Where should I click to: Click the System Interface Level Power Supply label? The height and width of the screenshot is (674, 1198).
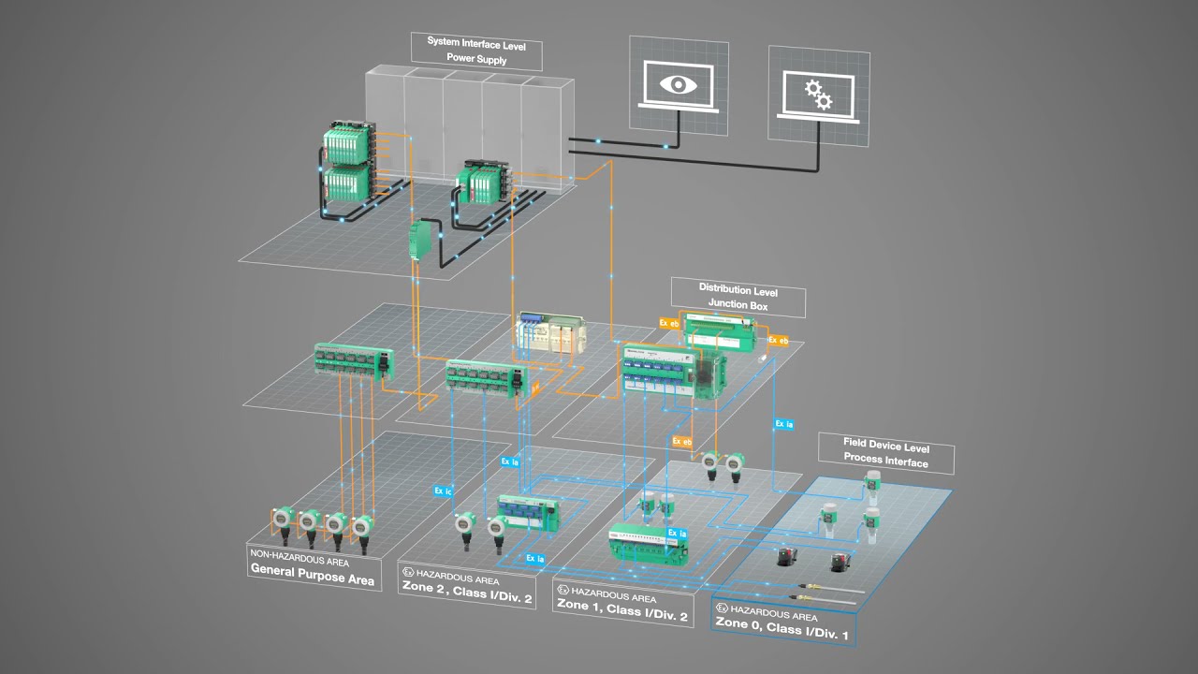coord(476,51)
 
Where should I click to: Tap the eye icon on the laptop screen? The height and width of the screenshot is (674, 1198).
coord(673,83)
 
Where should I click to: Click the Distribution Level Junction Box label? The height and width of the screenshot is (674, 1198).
coord(738,297)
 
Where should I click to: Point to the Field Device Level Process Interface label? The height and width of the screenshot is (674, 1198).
coord(885,453)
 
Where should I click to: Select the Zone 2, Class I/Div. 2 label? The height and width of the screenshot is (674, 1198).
coord(466,596)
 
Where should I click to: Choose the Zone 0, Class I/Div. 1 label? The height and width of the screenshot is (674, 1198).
coord(782,628)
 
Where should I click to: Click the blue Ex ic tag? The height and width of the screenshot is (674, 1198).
coord(443,490)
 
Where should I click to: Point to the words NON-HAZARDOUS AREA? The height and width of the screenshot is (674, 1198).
coord(299,562)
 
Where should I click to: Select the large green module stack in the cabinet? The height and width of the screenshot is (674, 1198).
coord(347,165)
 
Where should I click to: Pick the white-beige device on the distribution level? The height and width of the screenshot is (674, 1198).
coord(550,335)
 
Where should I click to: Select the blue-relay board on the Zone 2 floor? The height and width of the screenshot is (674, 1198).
coord(527,510)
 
